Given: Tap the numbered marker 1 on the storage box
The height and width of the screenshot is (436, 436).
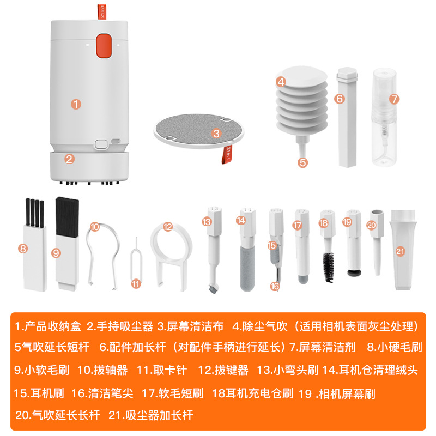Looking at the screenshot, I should (77, 102).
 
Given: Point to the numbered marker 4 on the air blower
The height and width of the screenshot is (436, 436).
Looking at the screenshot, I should (281, 82).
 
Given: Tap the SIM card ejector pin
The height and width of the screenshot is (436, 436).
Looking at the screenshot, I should (135, 267).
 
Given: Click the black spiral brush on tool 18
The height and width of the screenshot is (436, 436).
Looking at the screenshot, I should (328, 268).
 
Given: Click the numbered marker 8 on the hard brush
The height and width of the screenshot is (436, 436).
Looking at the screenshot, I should (22, 249).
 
